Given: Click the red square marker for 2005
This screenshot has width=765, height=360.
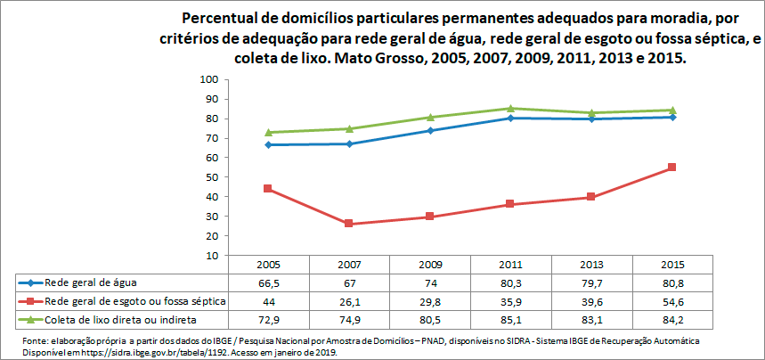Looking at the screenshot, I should pos(267,189).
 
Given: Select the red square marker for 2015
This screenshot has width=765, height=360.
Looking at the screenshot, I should pos(671,168).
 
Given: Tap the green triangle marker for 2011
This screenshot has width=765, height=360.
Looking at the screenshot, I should pos(510,108).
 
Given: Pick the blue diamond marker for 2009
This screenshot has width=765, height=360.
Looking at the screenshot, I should pos(429,130).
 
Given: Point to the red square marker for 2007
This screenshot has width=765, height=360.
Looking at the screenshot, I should pos(348,224).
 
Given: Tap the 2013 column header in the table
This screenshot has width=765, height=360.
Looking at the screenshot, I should pos(591,265).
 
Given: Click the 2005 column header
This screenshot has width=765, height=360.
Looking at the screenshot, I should pos(267,265).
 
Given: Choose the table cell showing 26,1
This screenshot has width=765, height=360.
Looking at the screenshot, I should pos(348,301).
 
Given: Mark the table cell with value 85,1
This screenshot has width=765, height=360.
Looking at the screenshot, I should pos(510,319).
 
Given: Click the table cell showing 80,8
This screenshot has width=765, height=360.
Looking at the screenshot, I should pos(671,282).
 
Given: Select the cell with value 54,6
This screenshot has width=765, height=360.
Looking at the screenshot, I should pos(671,301).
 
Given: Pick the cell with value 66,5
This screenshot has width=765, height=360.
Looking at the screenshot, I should pos(267,282).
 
